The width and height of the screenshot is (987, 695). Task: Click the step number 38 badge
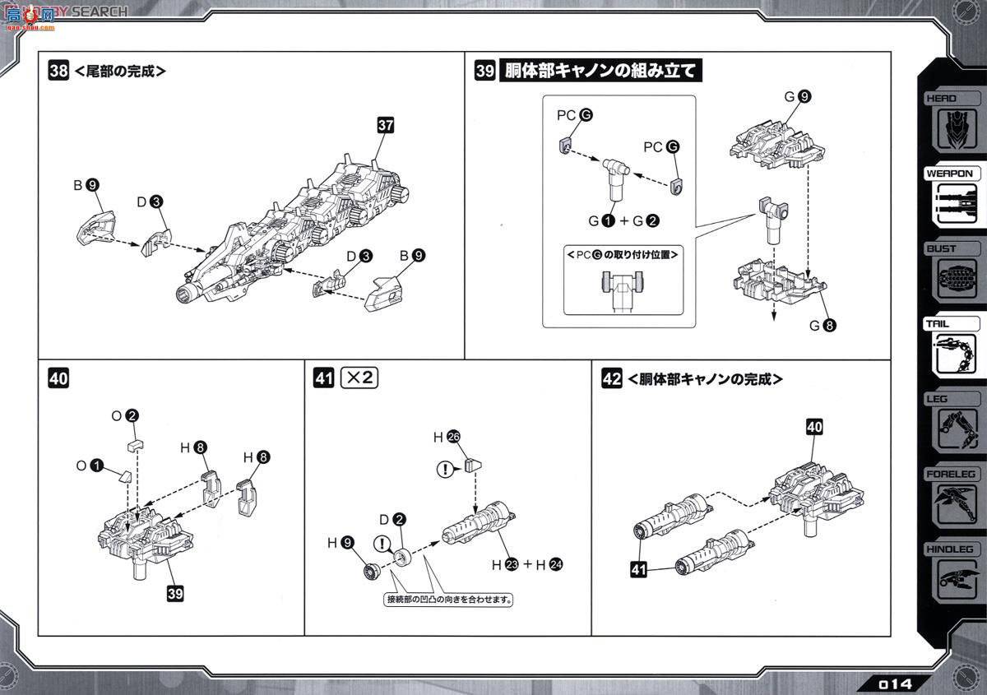(x=58, y=71)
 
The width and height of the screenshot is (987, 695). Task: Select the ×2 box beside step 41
(x=359, y=378)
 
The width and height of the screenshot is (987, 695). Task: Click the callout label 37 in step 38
(x=386, y=125)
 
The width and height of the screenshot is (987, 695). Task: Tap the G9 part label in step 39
(x=797, y=97)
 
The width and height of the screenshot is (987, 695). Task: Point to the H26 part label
(x=447, y=438)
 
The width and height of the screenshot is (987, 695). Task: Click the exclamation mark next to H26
(x=446, y=470)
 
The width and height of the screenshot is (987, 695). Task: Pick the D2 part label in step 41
(x=392, y=519)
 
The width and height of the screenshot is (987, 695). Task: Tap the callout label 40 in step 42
(x=814, y=428)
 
